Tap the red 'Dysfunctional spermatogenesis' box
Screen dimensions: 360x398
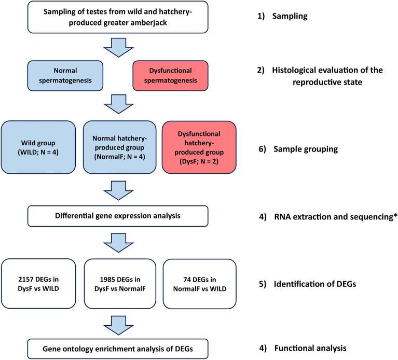[x=170, y=74]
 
